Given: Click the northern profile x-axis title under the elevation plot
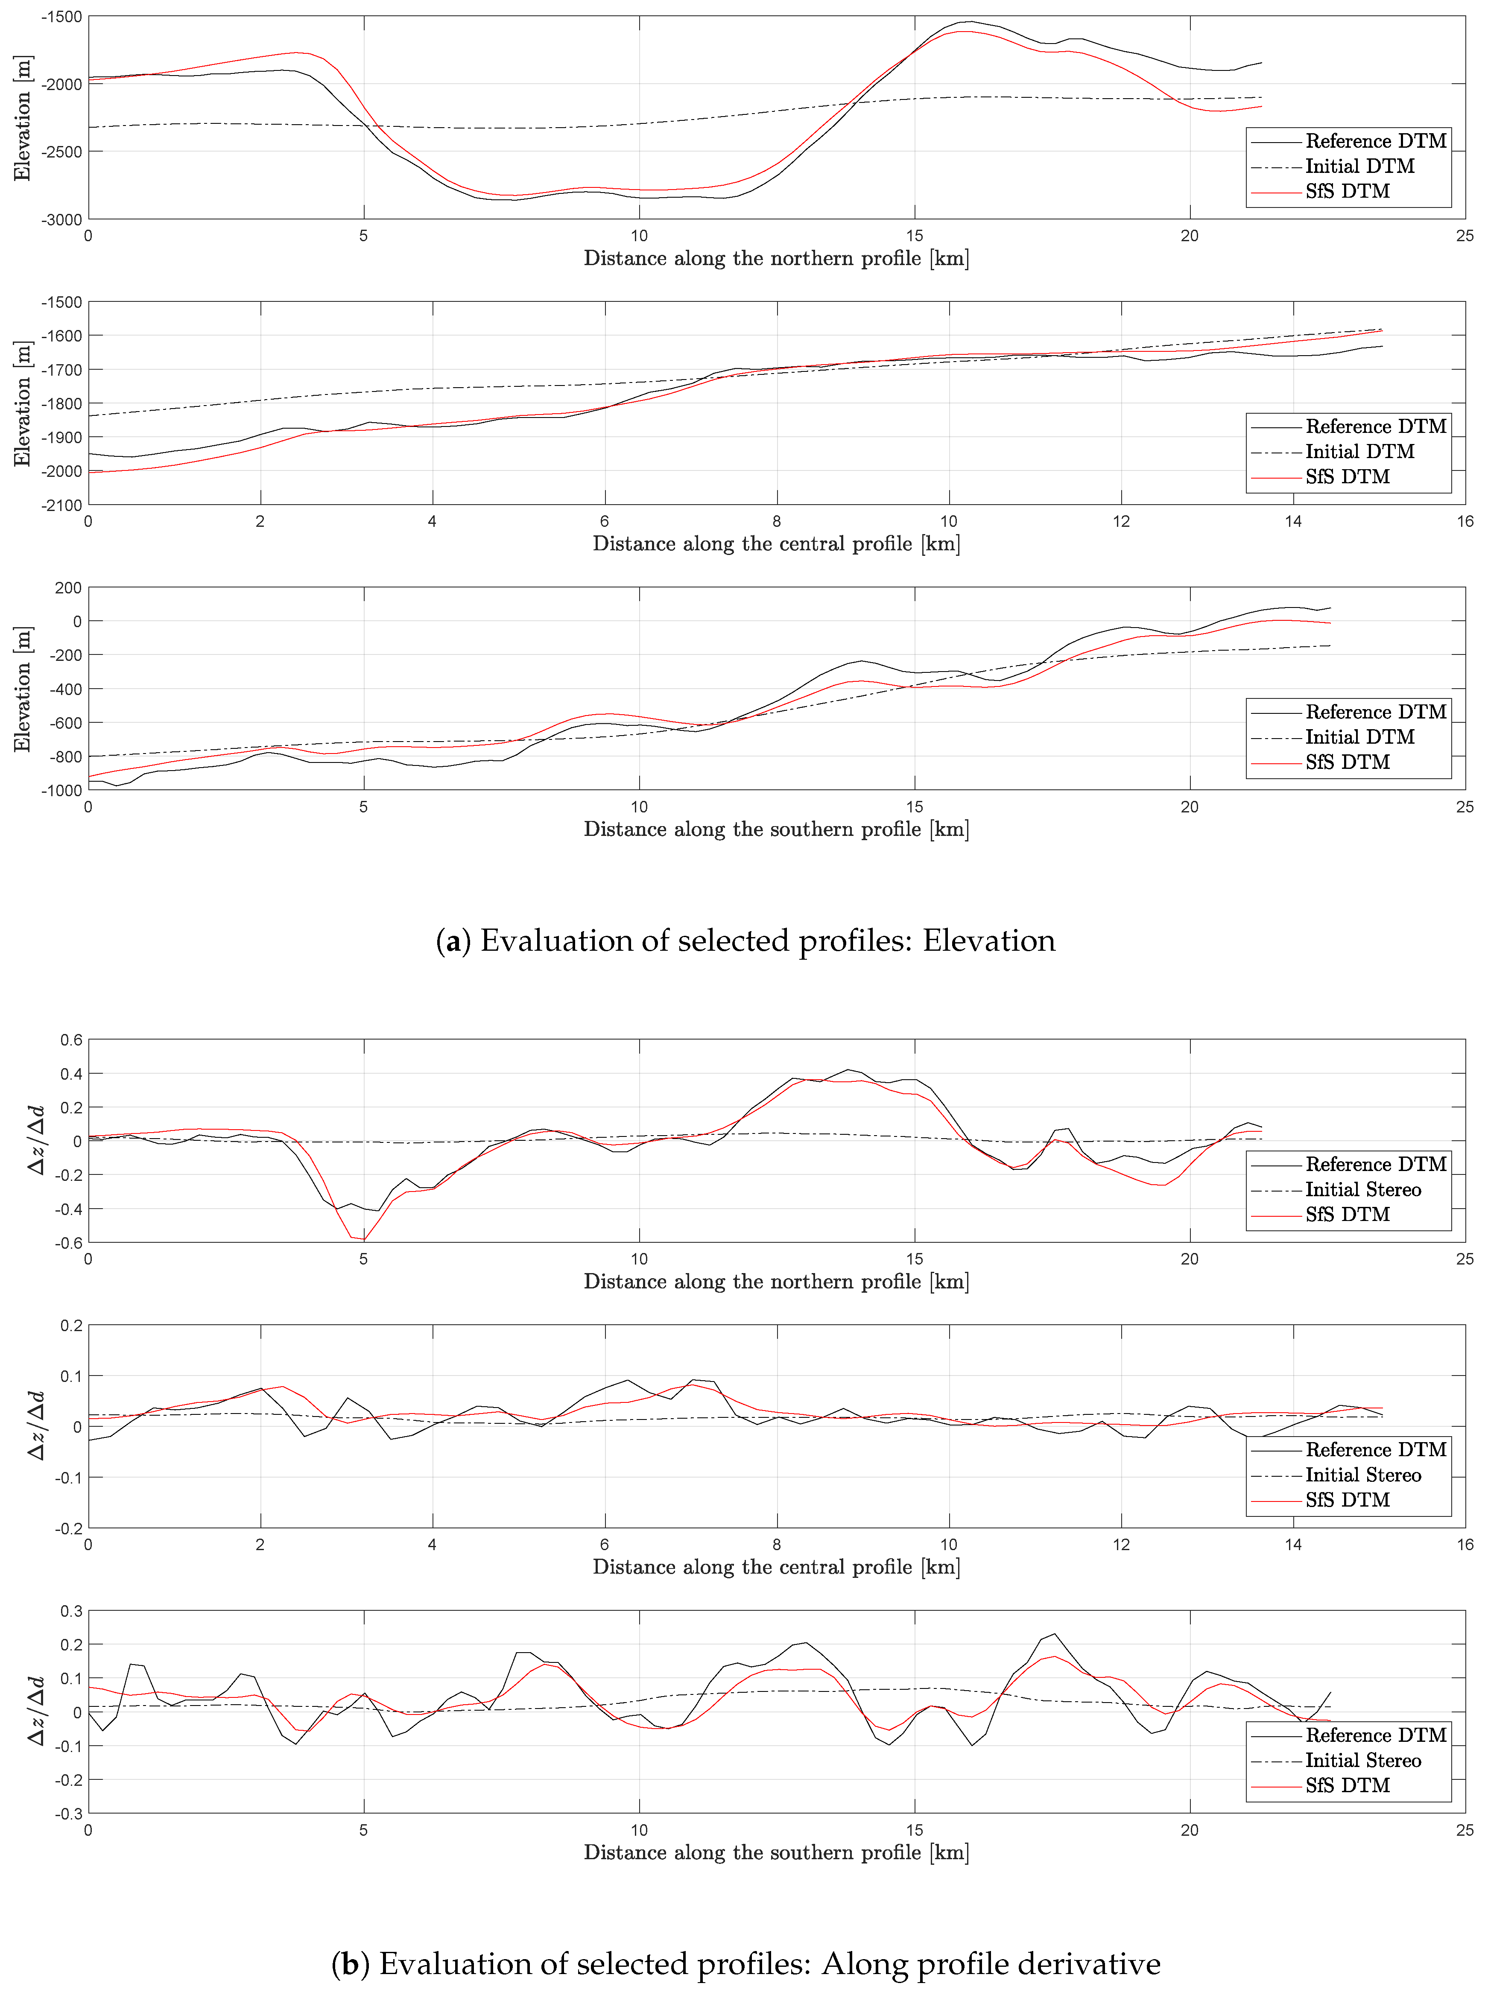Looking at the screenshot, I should coord(776,259).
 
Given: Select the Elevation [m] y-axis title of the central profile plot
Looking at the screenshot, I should coord(23,403).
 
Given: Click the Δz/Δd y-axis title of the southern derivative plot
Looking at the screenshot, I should coord(36,1712).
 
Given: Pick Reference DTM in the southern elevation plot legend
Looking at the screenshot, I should coord(1375,712).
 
